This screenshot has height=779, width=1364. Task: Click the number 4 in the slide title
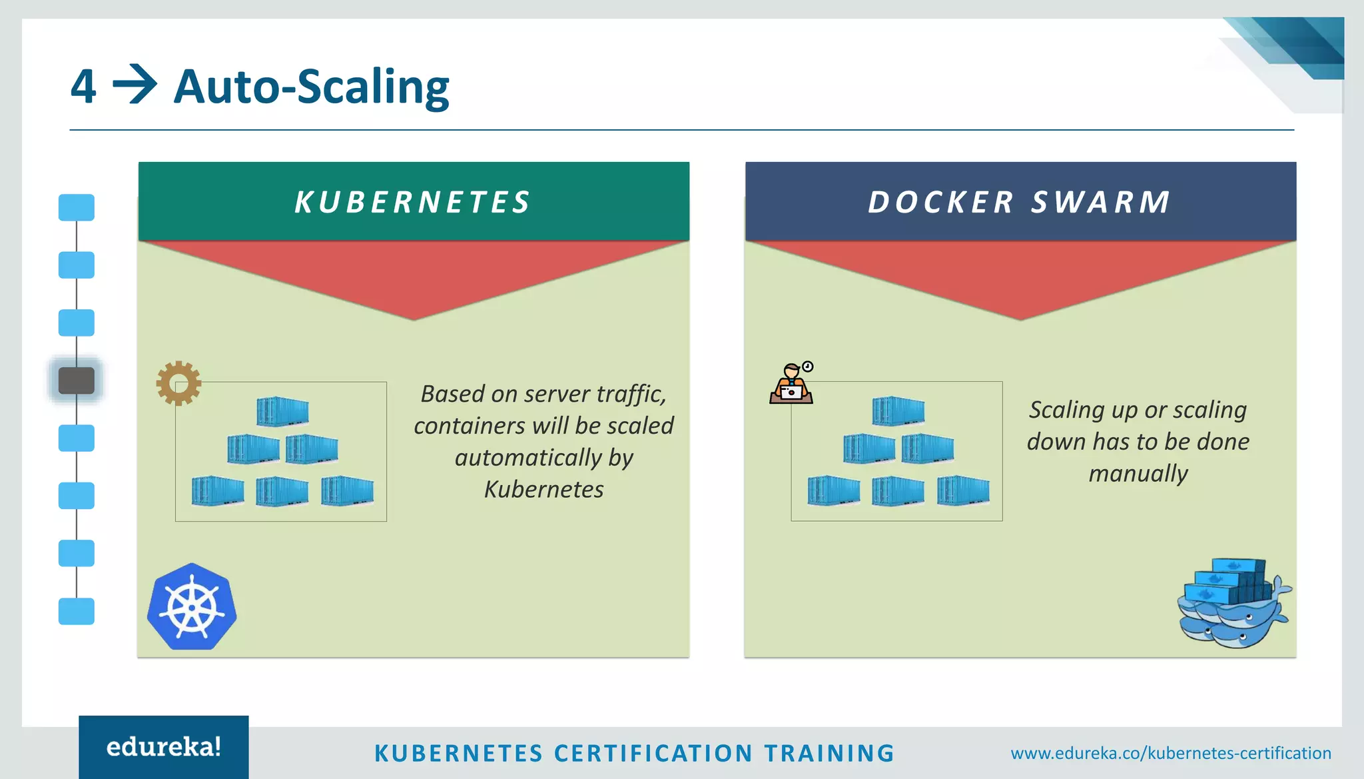(x=84, y=87)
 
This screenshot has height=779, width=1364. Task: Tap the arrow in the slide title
(x=135, y=85)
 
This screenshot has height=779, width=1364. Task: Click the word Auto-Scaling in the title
(x=311, y=87)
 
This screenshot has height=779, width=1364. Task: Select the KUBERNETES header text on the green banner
(x=413, y=203)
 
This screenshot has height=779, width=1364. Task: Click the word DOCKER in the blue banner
(x=940, y=203)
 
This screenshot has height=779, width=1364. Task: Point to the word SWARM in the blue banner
(x=1101, y=203)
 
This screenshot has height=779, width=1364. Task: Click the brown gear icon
(x=178, y=383)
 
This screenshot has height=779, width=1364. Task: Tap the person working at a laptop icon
(x=791, y=384)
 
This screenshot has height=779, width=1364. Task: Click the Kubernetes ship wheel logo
(x=192, y=607)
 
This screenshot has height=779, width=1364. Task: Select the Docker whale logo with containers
(x=1233, y=604)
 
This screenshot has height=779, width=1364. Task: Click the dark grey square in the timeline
(x=77, y=381)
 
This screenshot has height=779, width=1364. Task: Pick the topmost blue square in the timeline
(x=77, y=207)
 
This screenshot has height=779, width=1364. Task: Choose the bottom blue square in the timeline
(x=77, y=611)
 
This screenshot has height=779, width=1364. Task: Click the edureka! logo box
(x=164, y=747)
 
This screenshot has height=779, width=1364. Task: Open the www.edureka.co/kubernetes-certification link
(x=1171, y=754)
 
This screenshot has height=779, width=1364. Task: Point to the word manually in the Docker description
(x=1138, y=474)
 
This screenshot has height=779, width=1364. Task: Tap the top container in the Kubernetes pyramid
(x=282, y=411)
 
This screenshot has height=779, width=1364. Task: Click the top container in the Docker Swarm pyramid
(x=898, y=410)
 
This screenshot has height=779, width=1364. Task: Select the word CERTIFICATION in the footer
(x=653, y=754)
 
